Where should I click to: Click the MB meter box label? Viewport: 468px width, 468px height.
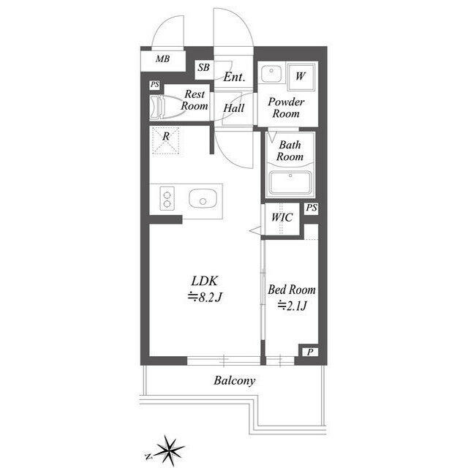click(x=162, y=58)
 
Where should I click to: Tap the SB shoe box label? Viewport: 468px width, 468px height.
click(x=203, y=67)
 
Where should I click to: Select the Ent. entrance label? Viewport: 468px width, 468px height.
click(x=234, y=77)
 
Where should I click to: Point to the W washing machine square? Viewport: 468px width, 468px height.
click(x=301, y=77)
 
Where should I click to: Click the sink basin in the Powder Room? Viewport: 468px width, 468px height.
click(x=271, y=73)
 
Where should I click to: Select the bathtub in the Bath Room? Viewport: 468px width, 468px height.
click(x=290, y=183)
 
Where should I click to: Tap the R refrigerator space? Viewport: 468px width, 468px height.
click(x=166, y=140)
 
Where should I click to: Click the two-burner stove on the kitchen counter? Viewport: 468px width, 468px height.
click(x=167, y=198)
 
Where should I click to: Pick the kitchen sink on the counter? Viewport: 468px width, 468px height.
click(x=203, y=198)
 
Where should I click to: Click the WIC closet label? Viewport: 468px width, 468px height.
click(x=282, y=217)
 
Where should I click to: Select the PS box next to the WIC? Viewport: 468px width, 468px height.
click(x=311, y=208)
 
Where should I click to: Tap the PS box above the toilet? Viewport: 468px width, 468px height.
click(x=154, y=85)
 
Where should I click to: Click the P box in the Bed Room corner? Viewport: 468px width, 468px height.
click(x=310, y=352)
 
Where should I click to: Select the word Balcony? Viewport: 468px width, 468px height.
click(x=235, y=381)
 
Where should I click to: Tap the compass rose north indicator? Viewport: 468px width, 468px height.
click(x=148, y=456)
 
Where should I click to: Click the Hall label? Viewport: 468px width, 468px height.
click(x=234, y=107)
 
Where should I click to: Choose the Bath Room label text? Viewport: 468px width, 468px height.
click(x=290, y=151)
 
